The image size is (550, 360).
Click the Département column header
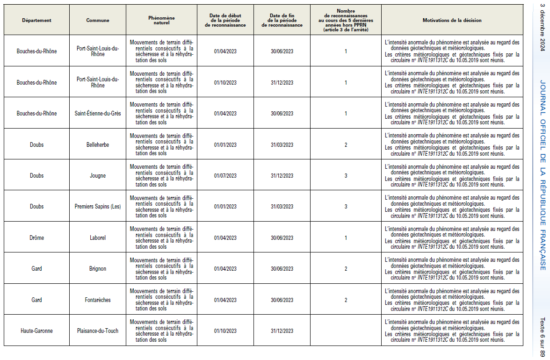click(x=36, y=21)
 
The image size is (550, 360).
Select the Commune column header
click(x=98, y=21)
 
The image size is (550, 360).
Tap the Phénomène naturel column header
click(x=161, y=21)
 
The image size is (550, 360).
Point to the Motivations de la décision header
click(x=452, y=21)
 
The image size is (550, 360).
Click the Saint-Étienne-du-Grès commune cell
click(x=98, y=114)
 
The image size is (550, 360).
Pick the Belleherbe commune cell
click(x=98, y=145)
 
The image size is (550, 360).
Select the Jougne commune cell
click(x=98, y=176)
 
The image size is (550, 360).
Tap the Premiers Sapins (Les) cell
click(x=98, y=207)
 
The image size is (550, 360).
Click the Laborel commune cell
click(x=98, y=238)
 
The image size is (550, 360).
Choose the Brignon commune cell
click(x=98, y=269)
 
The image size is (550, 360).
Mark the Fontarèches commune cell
click(x=98, y=300)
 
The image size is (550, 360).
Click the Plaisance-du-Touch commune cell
click(x=98, y=331)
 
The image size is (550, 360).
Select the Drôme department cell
click(x=36, y=238)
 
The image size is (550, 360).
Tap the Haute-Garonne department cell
click(x=36, y=331)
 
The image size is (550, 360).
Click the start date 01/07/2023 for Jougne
click(x=225, y=176)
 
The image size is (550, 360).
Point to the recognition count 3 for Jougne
click(x=346, y=176)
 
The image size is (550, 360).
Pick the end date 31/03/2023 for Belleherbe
click(x=282, y=145)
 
